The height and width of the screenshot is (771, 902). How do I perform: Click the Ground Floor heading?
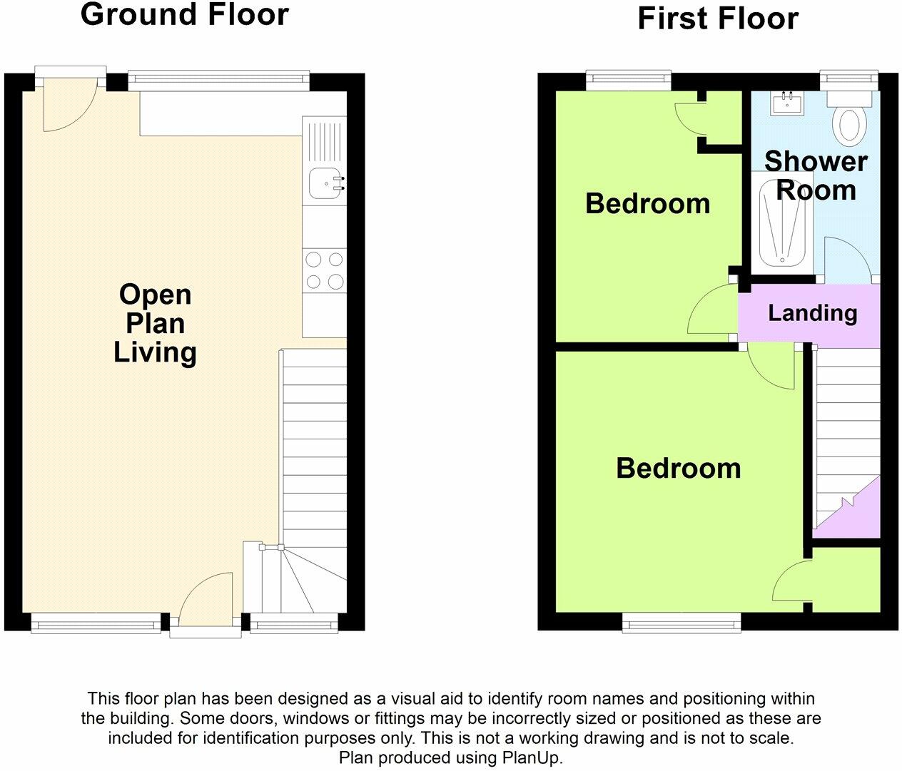coord(184,14)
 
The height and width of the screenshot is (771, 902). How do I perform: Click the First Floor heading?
coord(717,19)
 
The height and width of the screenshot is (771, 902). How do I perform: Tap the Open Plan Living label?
coord(155,323)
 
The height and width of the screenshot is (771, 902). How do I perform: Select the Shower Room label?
coord(816,175)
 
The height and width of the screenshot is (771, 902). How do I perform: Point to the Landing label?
coord(812,312)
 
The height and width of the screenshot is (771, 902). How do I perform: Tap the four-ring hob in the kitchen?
coord(324,270)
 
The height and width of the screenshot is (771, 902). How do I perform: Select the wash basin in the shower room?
coord(788,103)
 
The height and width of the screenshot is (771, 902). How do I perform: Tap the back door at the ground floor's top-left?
coord(69,107)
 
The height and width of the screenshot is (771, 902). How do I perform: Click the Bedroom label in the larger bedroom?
coord(678,468)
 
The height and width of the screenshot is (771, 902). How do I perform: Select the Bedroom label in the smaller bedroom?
coord(647,203)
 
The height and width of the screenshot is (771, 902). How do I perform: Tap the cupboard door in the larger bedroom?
coord(791,580)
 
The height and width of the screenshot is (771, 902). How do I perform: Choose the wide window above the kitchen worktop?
coord(218,81)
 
